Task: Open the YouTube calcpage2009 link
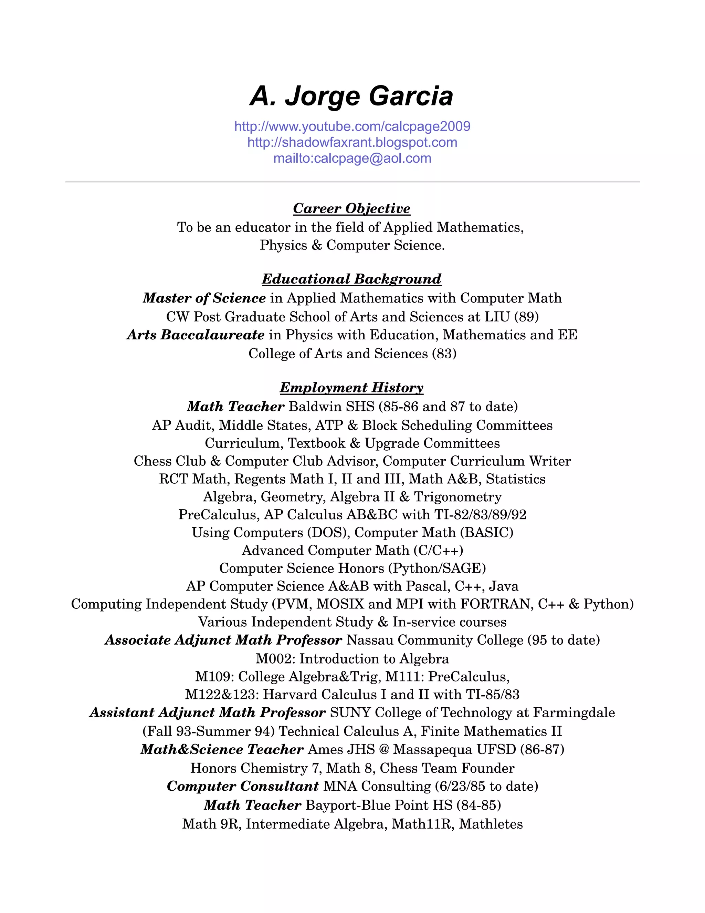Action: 352,126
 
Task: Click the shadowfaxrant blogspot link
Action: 352,142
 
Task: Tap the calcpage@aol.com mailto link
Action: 352,158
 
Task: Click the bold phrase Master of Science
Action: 204,298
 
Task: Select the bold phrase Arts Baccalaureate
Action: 196,335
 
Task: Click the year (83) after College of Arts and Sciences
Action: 444,354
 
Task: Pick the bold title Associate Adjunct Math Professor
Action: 223,640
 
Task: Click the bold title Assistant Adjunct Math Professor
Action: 208,712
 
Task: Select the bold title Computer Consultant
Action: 243,786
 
